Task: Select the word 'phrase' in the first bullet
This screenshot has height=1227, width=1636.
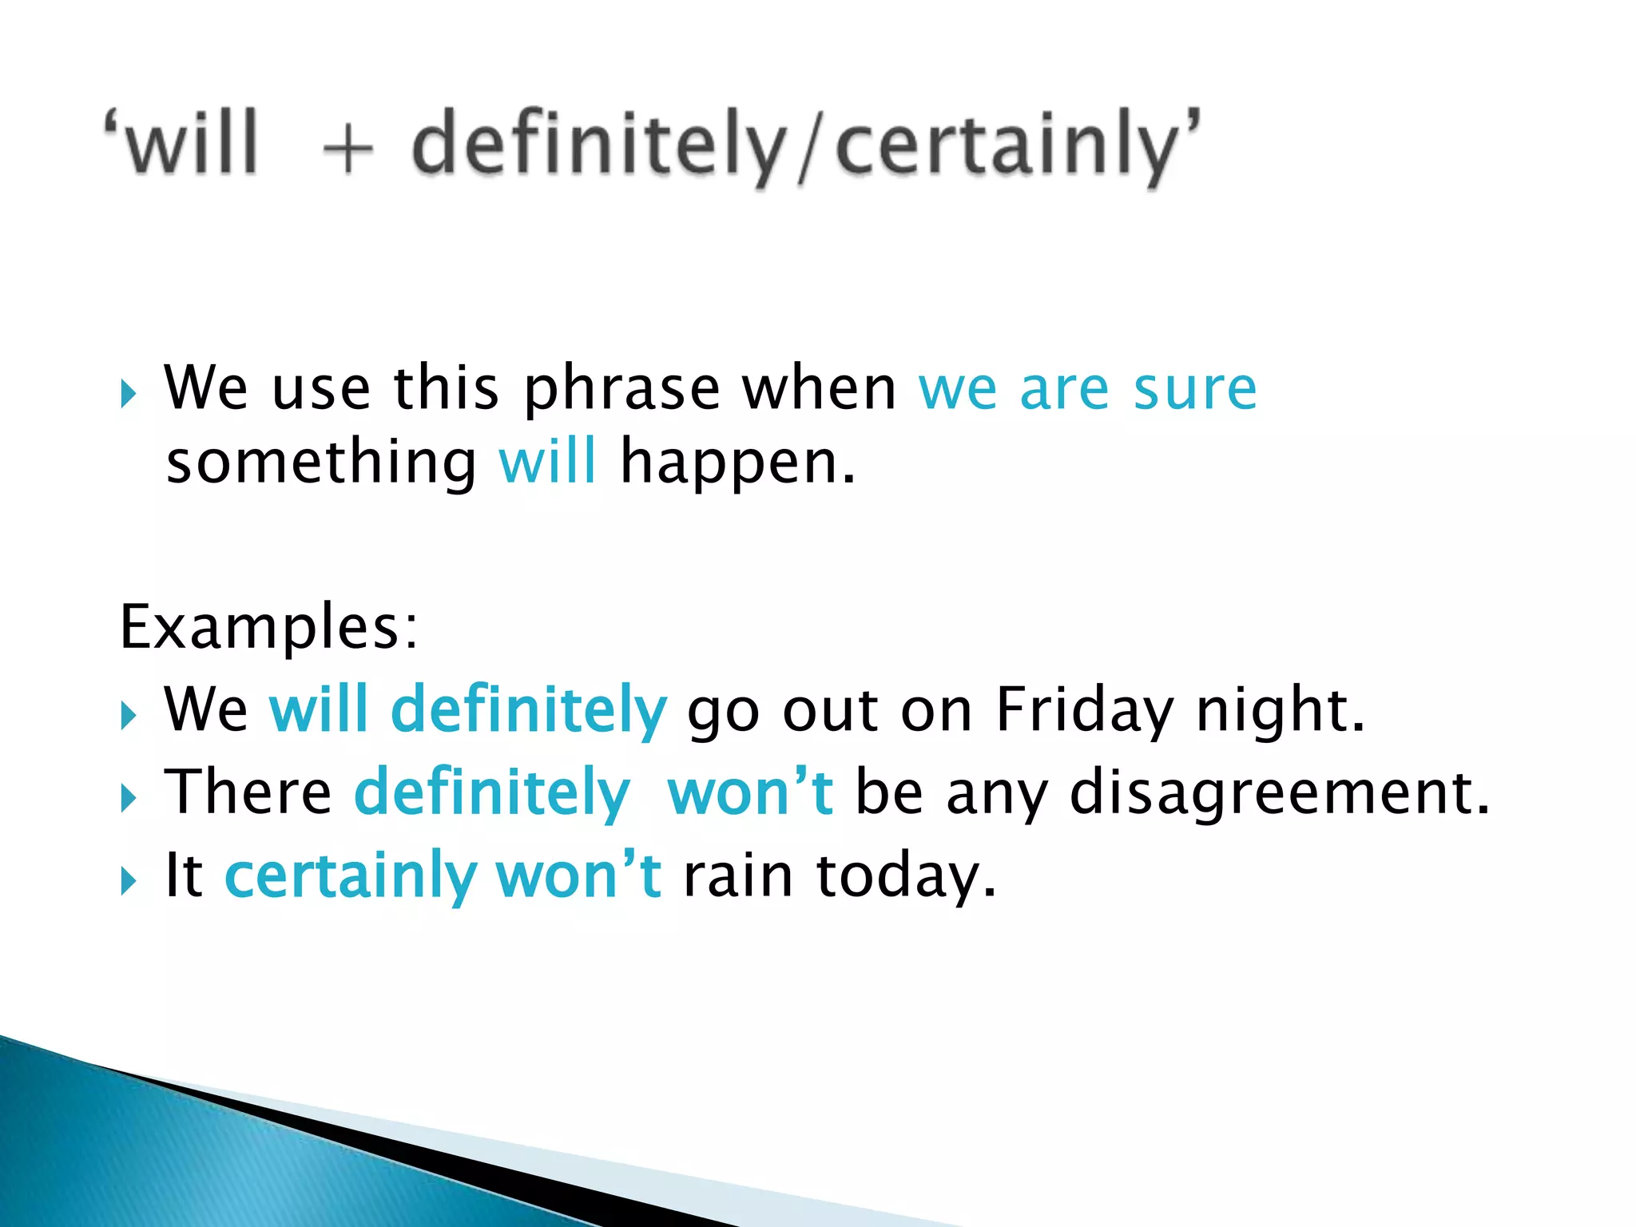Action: click(x=621, y=390)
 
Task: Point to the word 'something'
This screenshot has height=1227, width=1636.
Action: click(x=321, y=463)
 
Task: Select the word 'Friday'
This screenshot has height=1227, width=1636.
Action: click(x=1085, y=709)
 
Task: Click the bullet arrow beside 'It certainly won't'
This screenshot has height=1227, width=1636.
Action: click(x=129, y=882)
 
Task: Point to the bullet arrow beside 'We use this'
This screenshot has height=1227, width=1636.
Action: click(x=129, y=394)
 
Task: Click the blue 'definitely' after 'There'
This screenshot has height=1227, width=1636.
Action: click(x=491, y=792)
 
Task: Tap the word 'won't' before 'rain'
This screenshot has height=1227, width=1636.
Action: click(x=578, y=875)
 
